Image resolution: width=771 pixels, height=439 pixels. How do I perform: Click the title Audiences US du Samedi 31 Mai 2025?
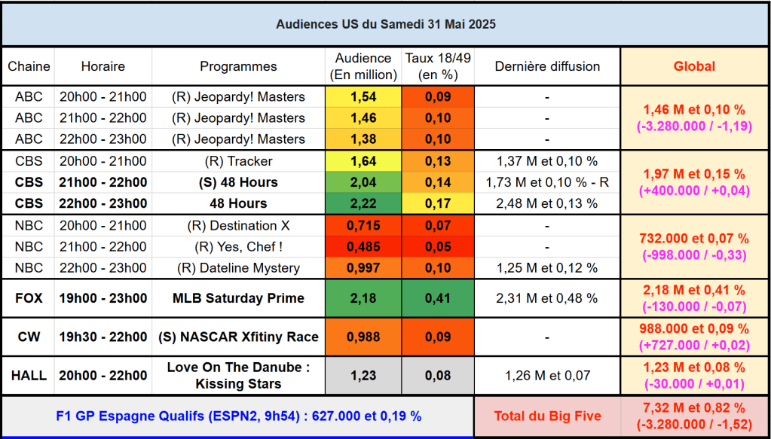[385, 24]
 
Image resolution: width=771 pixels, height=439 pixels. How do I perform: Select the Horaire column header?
[102, 66]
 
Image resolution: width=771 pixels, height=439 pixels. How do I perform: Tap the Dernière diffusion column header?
[546, 66]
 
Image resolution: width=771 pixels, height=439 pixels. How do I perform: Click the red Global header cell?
[694, 66]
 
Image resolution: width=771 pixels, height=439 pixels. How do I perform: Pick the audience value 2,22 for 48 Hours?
[363, 203]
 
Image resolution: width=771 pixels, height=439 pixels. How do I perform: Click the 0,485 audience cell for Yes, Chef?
[363, 246]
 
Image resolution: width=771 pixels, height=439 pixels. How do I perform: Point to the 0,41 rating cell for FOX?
[438, 298]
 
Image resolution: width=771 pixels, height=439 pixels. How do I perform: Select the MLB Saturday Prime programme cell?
[238, 298]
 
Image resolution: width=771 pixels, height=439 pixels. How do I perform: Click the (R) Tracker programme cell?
[238, 161]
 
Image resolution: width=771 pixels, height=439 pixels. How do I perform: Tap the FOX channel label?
[29, 298]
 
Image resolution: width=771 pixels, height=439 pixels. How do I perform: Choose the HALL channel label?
[29, 376]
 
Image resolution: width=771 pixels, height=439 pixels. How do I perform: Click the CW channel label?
[29, 337]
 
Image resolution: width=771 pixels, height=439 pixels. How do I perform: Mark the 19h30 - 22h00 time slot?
[102, 337]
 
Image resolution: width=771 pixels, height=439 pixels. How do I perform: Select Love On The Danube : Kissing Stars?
[238, 376]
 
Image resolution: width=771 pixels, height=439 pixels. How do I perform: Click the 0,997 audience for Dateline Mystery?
[363, 268]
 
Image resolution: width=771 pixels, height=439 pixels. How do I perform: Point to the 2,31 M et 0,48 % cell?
[546, 298]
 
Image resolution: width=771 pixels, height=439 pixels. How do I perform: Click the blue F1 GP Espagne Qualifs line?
[238, 415]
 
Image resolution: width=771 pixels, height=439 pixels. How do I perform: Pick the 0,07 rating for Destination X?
[438, 225]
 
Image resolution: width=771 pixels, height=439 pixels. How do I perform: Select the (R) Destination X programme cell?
[238, 225]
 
